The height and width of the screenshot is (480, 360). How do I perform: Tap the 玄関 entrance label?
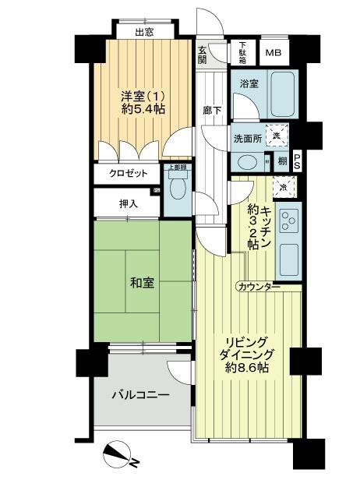point(202,54)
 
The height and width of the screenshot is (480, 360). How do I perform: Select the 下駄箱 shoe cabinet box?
point(243,51)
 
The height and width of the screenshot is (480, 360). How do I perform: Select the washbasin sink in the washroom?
point(248,162)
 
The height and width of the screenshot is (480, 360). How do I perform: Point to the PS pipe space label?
point(298,161)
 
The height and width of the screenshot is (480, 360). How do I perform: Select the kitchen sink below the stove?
point(289,258)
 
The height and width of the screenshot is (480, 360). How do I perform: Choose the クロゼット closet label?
point(128,174)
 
